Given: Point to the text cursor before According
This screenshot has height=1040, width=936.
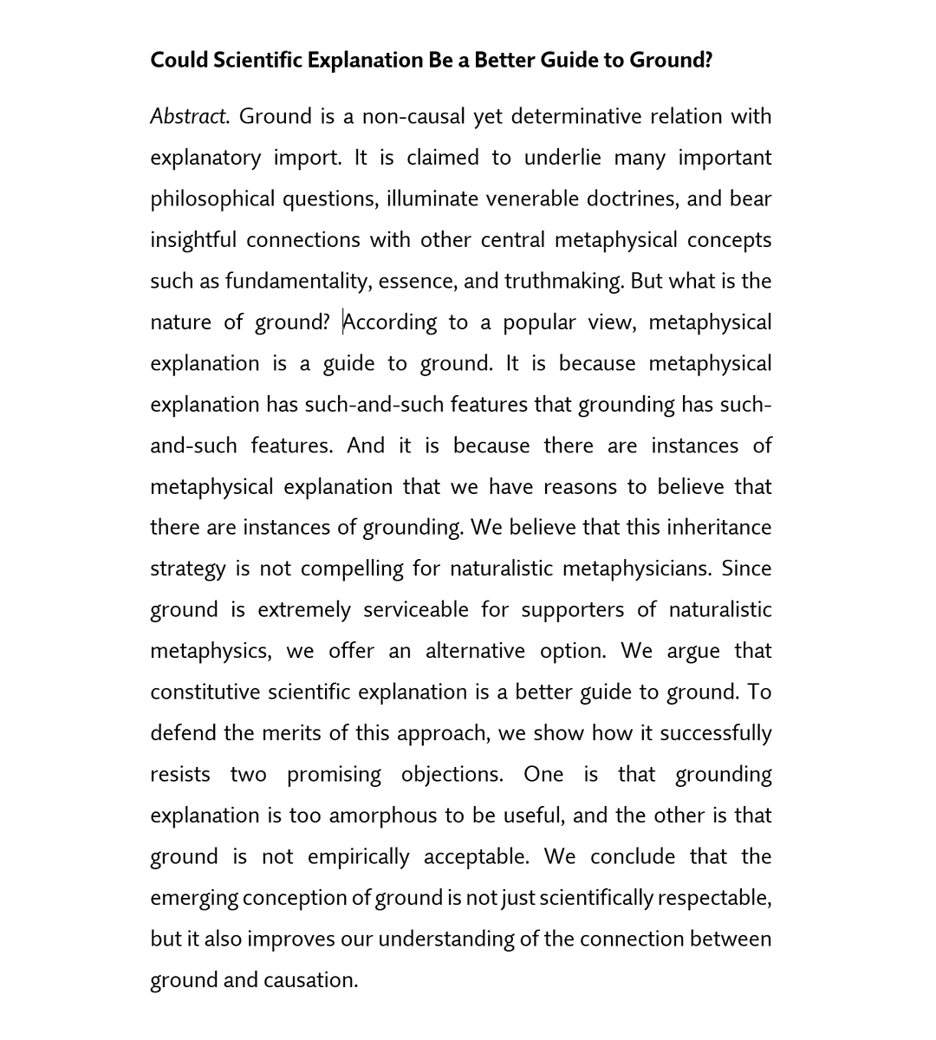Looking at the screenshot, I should click(x=343, y=322).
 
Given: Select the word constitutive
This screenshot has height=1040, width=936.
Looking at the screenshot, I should click(x=205, y=692).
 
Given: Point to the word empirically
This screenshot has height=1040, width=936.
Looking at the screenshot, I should click(x=358, y=856).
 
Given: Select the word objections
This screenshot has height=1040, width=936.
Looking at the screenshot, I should click(x=452, y=774).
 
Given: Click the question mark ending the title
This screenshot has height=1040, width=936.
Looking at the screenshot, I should click(x=708, y=60).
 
